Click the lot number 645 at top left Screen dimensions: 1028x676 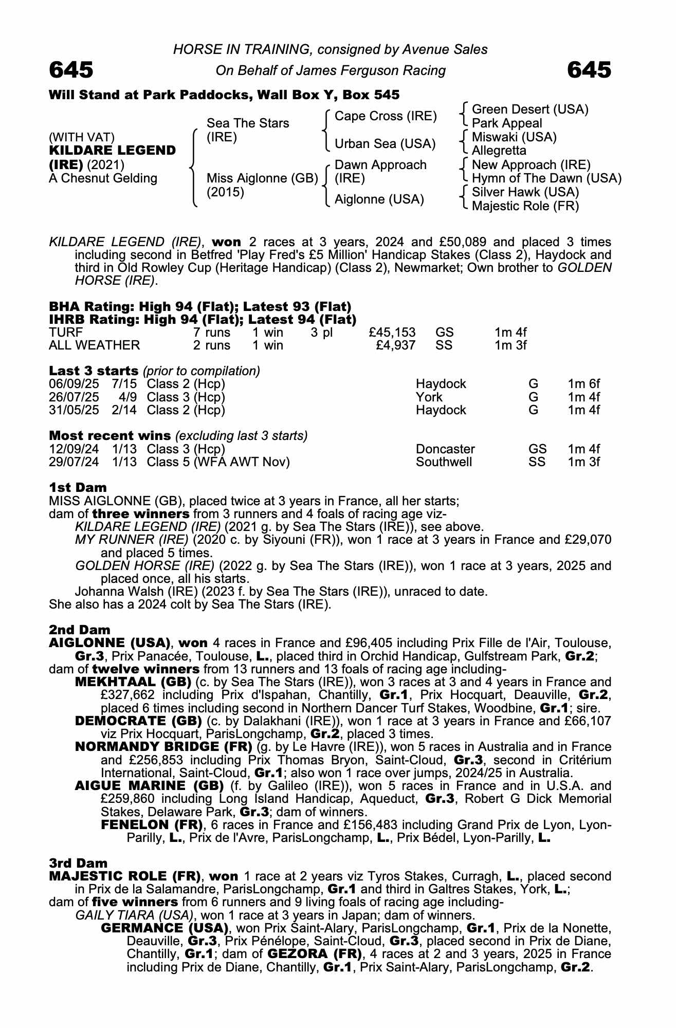[71, 70]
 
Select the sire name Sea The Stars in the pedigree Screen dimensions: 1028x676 [247, 123]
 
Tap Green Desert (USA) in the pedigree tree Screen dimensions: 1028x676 [529, 109]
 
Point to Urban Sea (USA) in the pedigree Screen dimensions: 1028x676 [385, 144]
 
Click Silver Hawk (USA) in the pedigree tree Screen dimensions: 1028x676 [525, 192]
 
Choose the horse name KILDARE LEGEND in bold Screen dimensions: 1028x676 [112, 151]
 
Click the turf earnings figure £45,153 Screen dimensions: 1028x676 [392, 333]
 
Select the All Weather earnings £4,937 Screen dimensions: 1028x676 [395, 345]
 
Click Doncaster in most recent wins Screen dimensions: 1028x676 [445, 449]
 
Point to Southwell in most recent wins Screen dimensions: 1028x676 [443, 462]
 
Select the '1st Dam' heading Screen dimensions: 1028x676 [78, 487]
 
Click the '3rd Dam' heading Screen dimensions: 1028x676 [78, 863]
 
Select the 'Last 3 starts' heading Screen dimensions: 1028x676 [93, 371]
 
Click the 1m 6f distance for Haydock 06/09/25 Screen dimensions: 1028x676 [583, 384]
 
